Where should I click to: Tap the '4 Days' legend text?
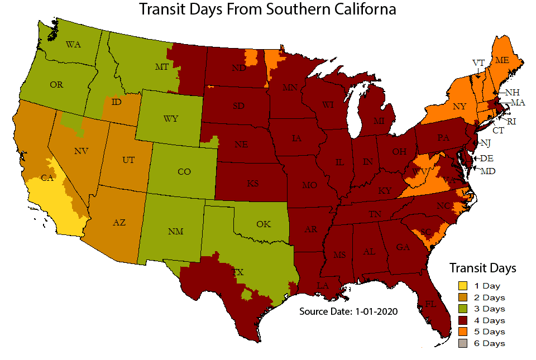[x=489, y=320]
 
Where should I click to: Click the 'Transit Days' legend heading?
[x=482, y=267]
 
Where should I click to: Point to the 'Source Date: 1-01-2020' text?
[x=348, y=311]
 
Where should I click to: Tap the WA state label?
[x=73, y=45]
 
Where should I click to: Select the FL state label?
[x=430, y=304]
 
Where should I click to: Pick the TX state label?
[x=238, y=272]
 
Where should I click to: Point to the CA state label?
[x=47, y=179]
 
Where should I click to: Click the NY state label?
[x=459, y=106]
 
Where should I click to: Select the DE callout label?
[x=487, y=159]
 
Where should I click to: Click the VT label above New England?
[x=478, y=63]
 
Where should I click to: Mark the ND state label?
[x=238, y=68]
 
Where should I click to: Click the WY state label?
[x=171, y=118]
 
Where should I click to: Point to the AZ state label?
[x=119, y=222]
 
